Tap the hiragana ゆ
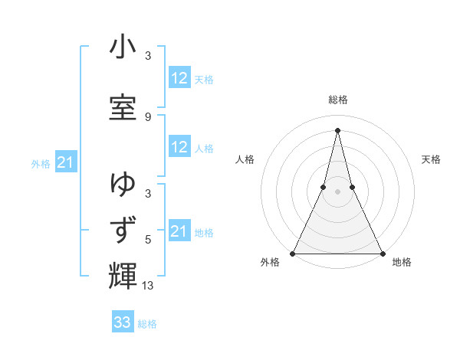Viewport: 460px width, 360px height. [123, 185]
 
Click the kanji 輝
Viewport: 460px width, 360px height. [123, 275]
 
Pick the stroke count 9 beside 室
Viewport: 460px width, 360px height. [148, 116]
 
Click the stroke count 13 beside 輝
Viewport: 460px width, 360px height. [148, 286]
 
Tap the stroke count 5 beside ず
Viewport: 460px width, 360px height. [148, 240]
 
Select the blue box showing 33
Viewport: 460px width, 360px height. [123, 322]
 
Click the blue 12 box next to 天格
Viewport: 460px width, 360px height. [179, 78]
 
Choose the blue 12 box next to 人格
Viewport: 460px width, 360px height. [179, 148]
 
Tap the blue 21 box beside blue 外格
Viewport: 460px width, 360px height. [64, 162]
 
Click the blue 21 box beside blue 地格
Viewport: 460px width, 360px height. [179, 231]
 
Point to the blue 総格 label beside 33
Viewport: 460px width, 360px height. [147, 324]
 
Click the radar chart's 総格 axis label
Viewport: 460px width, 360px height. [337, 100]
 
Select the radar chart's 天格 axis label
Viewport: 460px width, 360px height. [431, 159]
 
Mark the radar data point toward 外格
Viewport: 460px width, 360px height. [293, 253]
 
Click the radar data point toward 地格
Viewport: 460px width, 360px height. [382, 253]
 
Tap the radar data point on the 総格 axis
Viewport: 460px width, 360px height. [337, 129]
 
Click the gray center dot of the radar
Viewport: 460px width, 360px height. [337, 191]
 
